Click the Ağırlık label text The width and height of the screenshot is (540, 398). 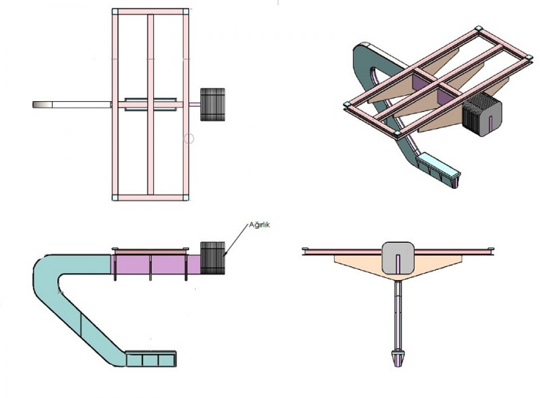click(260, 225)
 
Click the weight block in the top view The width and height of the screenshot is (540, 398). click(213, 105)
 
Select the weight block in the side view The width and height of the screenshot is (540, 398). click(213, 258)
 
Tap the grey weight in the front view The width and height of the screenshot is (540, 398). click(398, 258)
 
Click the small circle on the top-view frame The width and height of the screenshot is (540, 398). click(188, 138)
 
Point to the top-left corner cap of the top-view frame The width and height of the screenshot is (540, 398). click(115, 11)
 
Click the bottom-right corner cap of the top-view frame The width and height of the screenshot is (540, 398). click(186, 198)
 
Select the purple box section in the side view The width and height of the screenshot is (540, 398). click(156, 264)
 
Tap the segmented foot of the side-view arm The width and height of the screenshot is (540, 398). click(151, 359)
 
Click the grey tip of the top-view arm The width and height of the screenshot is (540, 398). click(42, 105)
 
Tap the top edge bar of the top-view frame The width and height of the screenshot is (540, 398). click(151, 11)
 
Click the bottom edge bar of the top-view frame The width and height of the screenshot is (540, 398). click(151, 198)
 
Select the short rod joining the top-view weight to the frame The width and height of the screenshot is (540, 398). click(195, 105)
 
